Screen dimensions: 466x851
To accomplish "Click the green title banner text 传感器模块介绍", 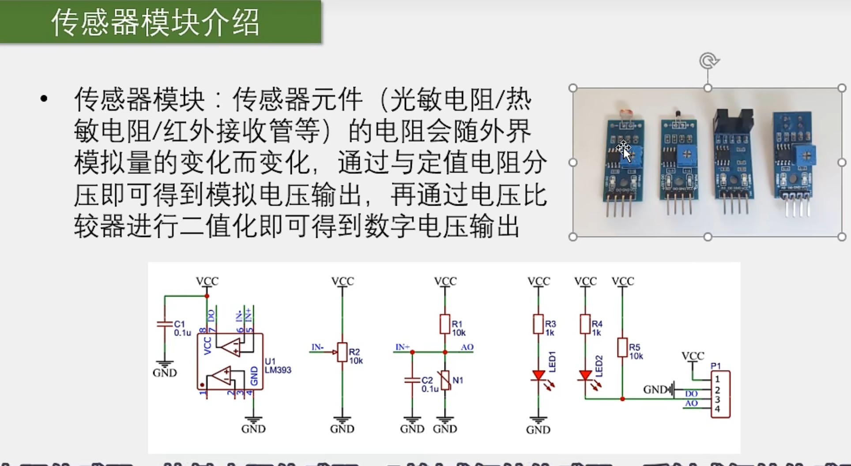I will (155, 22).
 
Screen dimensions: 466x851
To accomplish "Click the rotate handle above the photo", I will (708, 61).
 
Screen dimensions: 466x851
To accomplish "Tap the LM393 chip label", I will (278, 370).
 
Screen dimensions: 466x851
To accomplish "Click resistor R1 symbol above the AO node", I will (445, 324).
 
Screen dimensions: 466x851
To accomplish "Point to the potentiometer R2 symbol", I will (342, 352).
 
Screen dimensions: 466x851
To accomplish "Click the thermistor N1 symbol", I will (445, 380).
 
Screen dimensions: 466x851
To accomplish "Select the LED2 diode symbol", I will (585, 376).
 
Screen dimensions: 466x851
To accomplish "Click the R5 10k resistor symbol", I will (622, 347).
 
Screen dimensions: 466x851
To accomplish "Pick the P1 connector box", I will (720, 394).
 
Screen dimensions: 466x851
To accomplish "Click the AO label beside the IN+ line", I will (467, 347).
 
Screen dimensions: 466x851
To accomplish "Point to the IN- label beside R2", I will (317, 347).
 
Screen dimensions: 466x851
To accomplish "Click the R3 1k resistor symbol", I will (538, 324).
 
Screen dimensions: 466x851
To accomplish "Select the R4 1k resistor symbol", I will (585, 324).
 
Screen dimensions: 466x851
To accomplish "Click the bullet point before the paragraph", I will (44, 99).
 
